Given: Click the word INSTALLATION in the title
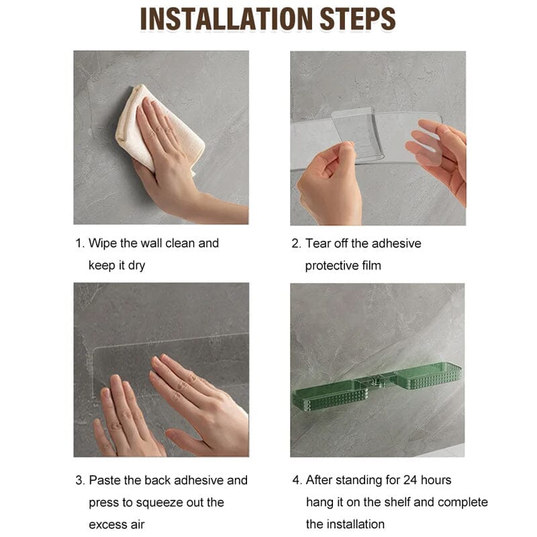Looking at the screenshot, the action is pos(226,19).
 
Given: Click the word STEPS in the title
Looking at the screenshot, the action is pos(358,19).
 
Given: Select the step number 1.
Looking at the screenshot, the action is pos(79,244).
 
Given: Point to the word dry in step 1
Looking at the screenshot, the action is pos(136,266).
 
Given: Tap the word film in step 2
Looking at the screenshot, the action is pos(372,265).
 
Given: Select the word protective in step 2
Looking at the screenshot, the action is pos(332,266).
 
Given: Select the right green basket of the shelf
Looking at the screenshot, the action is pos(428,376).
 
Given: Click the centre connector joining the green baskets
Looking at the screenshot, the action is pos(376,381).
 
